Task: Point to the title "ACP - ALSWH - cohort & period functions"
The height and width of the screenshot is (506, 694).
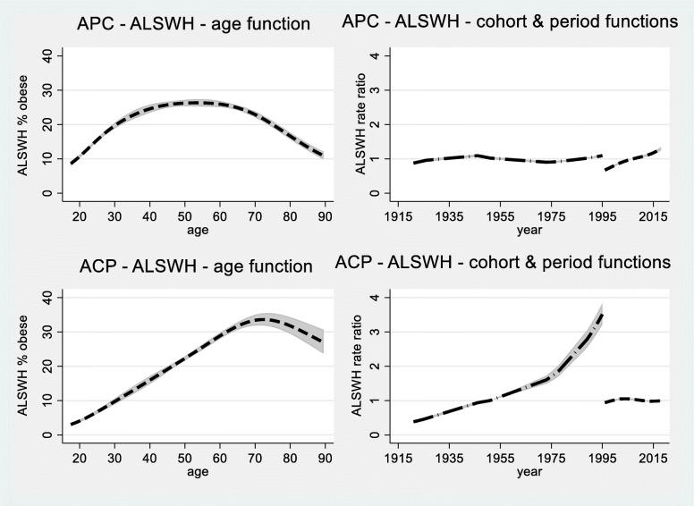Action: [502, 263]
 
